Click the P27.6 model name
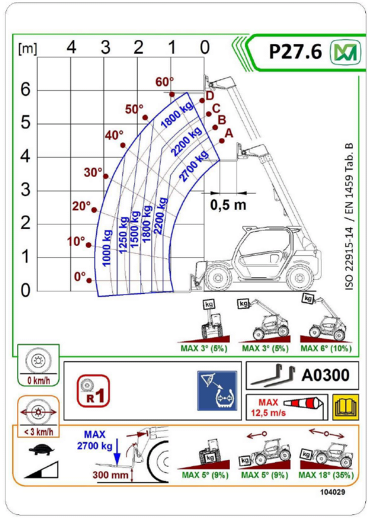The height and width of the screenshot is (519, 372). [x=295, y=51]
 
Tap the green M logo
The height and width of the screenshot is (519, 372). [x=345, y=52]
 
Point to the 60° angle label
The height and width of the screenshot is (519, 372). [x=164, y=82]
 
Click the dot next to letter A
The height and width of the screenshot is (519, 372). [x=222, y=141]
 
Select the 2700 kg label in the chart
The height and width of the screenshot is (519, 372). [x=194, y=166]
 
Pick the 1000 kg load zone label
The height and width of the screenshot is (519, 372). [x=107, y=248]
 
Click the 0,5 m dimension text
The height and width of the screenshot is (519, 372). [x=228, y=205]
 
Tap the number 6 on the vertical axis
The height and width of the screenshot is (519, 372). [x=26, y=89]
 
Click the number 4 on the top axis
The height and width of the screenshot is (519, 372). [x=72, y=47]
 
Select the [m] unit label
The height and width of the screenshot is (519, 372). [x=28, y=49]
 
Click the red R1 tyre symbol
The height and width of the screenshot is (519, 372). [x=93, y=391]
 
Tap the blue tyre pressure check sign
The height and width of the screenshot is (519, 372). [x=217, y=391]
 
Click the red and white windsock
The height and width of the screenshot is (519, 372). [x=303, y=404]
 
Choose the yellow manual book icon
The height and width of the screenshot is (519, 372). [x=346, y=407]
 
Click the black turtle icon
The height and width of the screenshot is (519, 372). [x=41, y=450]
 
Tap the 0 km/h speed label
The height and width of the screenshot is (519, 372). [x=39, y=380]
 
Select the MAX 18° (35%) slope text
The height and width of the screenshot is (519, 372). [x=326, y=475]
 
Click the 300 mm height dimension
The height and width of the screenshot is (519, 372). [x=110, y=475]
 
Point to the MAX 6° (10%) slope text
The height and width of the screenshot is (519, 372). [x=326, y=348]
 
